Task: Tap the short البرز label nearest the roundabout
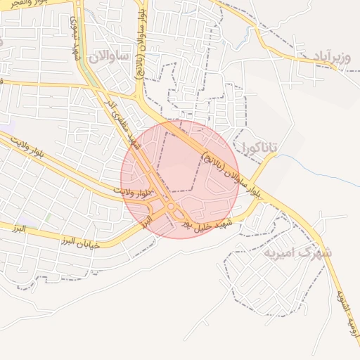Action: tap(146, 221)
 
